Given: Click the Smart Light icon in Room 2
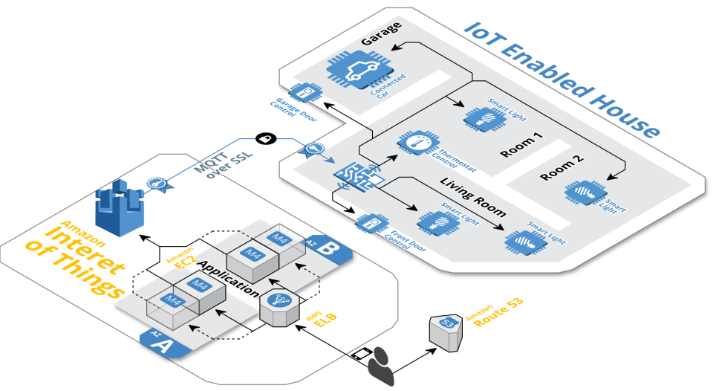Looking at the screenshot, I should (582, 193).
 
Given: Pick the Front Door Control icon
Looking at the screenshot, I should (370, 222).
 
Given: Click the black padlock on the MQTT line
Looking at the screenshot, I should (265, 138).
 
